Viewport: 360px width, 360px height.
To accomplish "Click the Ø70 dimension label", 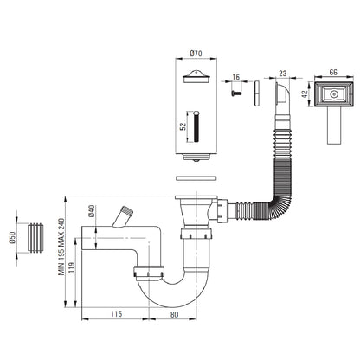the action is pos(196,54).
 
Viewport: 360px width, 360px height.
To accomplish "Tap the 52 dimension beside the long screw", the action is pos(183,126).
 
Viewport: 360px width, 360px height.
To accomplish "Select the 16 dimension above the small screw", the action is pos(236,77).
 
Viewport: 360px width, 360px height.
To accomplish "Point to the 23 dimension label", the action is pos(283,74).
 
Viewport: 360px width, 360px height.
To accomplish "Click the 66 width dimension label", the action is pos(333,72).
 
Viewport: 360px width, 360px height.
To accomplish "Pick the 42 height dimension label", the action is pos(305,94).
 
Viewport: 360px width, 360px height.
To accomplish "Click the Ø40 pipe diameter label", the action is pos(92,211).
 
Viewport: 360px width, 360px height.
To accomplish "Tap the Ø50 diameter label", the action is pos(12,238).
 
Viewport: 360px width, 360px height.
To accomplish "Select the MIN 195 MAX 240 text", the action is pos(61,247).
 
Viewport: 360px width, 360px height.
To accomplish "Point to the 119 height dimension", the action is pos(72,267).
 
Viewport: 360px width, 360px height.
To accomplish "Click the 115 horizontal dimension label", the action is pos(116,313).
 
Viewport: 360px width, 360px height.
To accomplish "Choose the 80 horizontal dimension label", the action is pos(174,314).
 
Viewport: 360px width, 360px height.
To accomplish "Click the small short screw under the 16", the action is pos(236,93).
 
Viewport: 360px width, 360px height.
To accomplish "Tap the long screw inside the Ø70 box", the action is pos(196,126).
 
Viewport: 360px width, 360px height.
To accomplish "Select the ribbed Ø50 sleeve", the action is pos(35,238).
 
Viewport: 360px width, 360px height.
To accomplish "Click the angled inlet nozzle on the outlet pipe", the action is pos(123,217).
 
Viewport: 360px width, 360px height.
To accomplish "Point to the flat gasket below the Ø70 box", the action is pos(196,178).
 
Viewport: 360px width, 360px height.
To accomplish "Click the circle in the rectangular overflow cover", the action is pos(334,94).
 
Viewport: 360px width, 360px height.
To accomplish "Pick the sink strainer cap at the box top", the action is pos(196,77).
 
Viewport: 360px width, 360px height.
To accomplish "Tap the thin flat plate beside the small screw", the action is pos(257,93).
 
